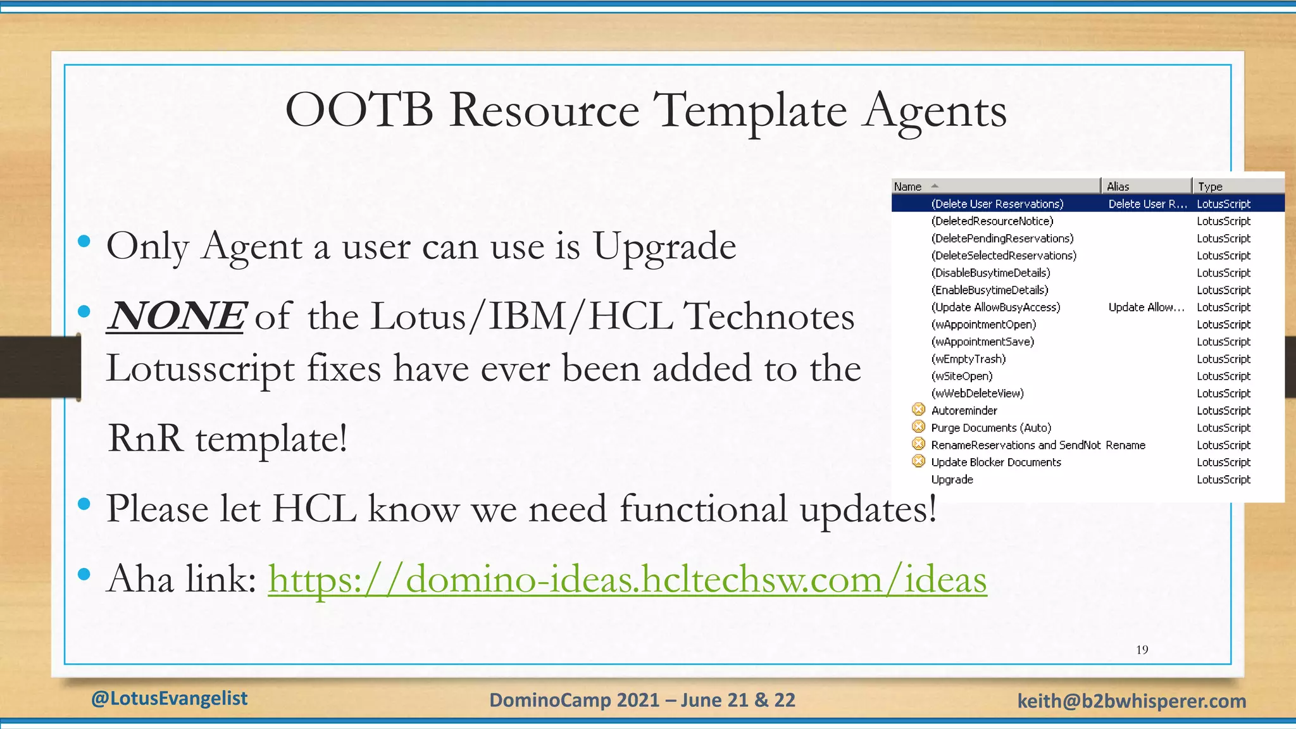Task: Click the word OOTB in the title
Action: pyautogui.click(x=359, y=110)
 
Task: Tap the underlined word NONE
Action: pyautogui.click(x=176, y=316)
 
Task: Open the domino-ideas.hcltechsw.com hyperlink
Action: pyautogui.click(x=626, y=578)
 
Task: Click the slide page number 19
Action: pyautogui.click(x=1142, y=650)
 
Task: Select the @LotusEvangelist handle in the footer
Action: pyautogui.click(x=169, y=699)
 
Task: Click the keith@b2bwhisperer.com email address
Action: pyautogui.click(x=1131, y=701)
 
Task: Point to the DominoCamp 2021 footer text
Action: pyautogui.click(x=642, y=701)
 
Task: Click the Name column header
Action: pyautogui.click(x=907, y=187)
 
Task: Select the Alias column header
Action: pyautogui.click(x=1118, y=187)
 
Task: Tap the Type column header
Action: pyautogui.click(x=1210, y=187)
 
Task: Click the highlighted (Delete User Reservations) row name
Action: pyautogui.click(x=997, y=204)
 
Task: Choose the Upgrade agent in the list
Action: pyautogui.click(x=952, y=480)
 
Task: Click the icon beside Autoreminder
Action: pyautogui.click(x=918, y=410)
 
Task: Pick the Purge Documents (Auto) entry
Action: pyautogui.click(x=990, y=428)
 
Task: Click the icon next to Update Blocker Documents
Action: pyautogui.click(x=918, y=462)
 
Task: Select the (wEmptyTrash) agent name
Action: pyautogui.click(x=968, y=359)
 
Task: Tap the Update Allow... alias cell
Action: pyautogui.click(x=1145, y=308)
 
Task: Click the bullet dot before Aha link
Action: pyautogui.click(x=84, y=574)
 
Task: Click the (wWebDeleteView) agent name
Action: pyautogui.click(x=977, y=393)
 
